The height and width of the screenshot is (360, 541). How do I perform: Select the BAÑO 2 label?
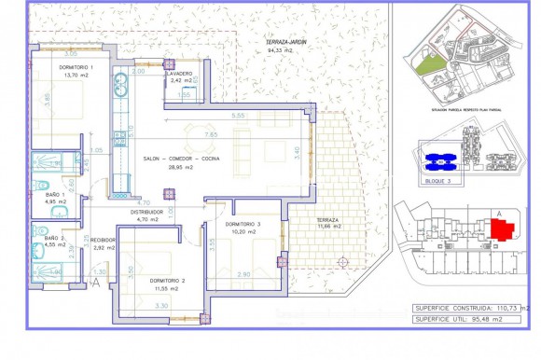[x=56, y=239]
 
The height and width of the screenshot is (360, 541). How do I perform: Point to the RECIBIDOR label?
[x=103, y=239]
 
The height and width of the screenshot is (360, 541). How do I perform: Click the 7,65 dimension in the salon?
[x=211, y=134]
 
